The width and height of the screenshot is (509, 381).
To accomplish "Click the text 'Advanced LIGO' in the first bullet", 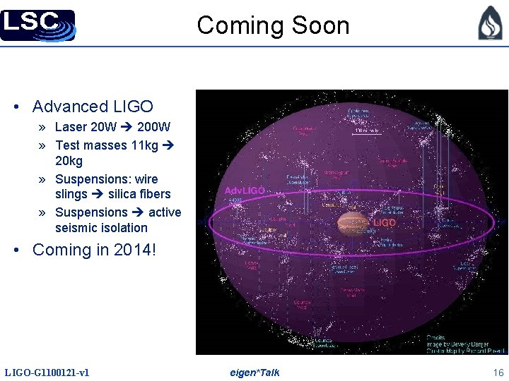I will point(93,107).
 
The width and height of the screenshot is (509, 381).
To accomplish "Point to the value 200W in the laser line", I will point(153,128).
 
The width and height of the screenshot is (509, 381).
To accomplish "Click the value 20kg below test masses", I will point(69,162).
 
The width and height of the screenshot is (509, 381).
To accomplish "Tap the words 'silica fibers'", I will point(139,194).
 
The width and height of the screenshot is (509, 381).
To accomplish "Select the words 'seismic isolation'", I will point(101,228).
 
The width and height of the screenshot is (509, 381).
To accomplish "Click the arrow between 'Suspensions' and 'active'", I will point(138,212).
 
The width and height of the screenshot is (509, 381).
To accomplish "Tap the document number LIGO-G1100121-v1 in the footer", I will point(47,373).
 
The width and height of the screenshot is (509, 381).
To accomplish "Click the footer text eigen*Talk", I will point(255,373).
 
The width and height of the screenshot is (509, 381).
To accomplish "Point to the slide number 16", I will point(498,373).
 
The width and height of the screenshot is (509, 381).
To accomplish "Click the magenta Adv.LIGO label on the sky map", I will point(245,190).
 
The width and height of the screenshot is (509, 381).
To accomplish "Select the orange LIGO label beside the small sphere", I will point(385,223).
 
